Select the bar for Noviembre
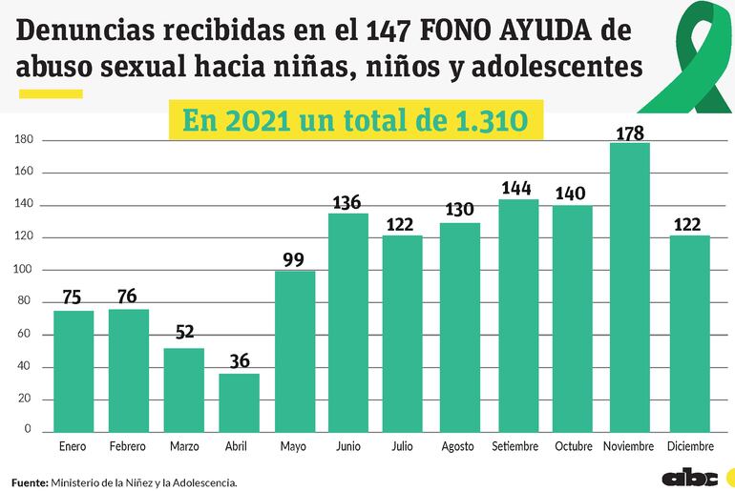click(631, 286)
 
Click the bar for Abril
click(239, 401)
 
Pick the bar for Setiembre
click(519, 314)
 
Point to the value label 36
click(239, 361)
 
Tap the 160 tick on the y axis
click(25, 173)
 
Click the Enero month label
click(73, 446)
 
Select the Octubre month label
click(575, 446)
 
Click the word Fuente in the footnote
click(30, 482)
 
